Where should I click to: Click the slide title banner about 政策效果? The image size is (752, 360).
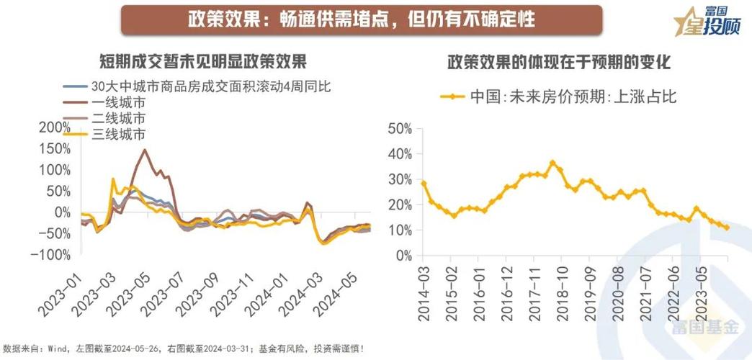click(361, 19)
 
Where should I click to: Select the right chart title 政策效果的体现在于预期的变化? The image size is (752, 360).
click(558, 63)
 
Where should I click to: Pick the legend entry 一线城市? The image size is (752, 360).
click(118, 102)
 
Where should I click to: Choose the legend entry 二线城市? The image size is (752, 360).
click(118, 118)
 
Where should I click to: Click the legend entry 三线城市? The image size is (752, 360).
click(118, 134)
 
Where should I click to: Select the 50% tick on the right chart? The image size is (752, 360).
click(400, 128)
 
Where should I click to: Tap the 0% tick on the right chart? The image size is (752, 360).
click(403, 256)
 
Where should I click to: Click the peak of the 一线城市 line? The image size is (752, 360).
click(145, 150)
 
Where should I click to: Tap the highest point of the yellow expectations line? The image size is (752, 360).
click(552, 162)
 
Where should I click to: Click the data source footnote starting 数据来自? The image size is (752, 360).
click(184, 349)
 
